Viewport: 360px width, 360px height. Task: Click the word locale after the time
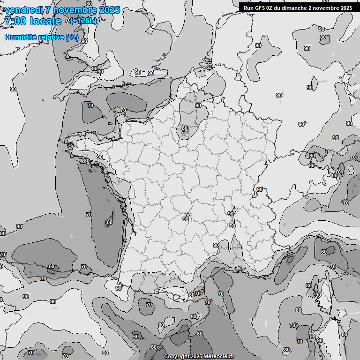pyautogui.click(x=45, y=21)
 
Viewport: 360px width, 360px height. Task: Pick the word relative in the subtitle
pyautogui.click(x=51, y=37)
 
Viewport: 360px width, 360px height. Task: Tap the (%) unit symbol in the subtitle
pyautogui.click(x=72, y=37)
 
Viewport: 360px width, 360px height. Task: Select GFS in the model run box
pyautogui.click(x=260, y=8)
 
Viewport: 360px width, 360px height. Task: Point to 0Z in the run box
pyautogui.click(x=270, y=8)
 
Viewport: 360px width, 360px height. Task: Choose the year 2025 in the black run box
pyautogui.click(x=346, y=8)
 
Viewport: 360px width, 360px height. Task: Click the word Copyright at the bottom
pyautogui.click(x=176, y=357)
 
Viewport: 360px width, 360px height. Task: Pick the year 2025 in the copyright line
pyautogui.click(x=196, y=357)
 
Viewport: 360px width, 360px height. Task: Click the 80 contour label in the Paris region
pyautogui.click(x=185, y=128)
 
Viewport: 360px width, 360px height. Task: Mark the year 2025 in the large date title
pyautogui.click(x=109, y=10)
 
